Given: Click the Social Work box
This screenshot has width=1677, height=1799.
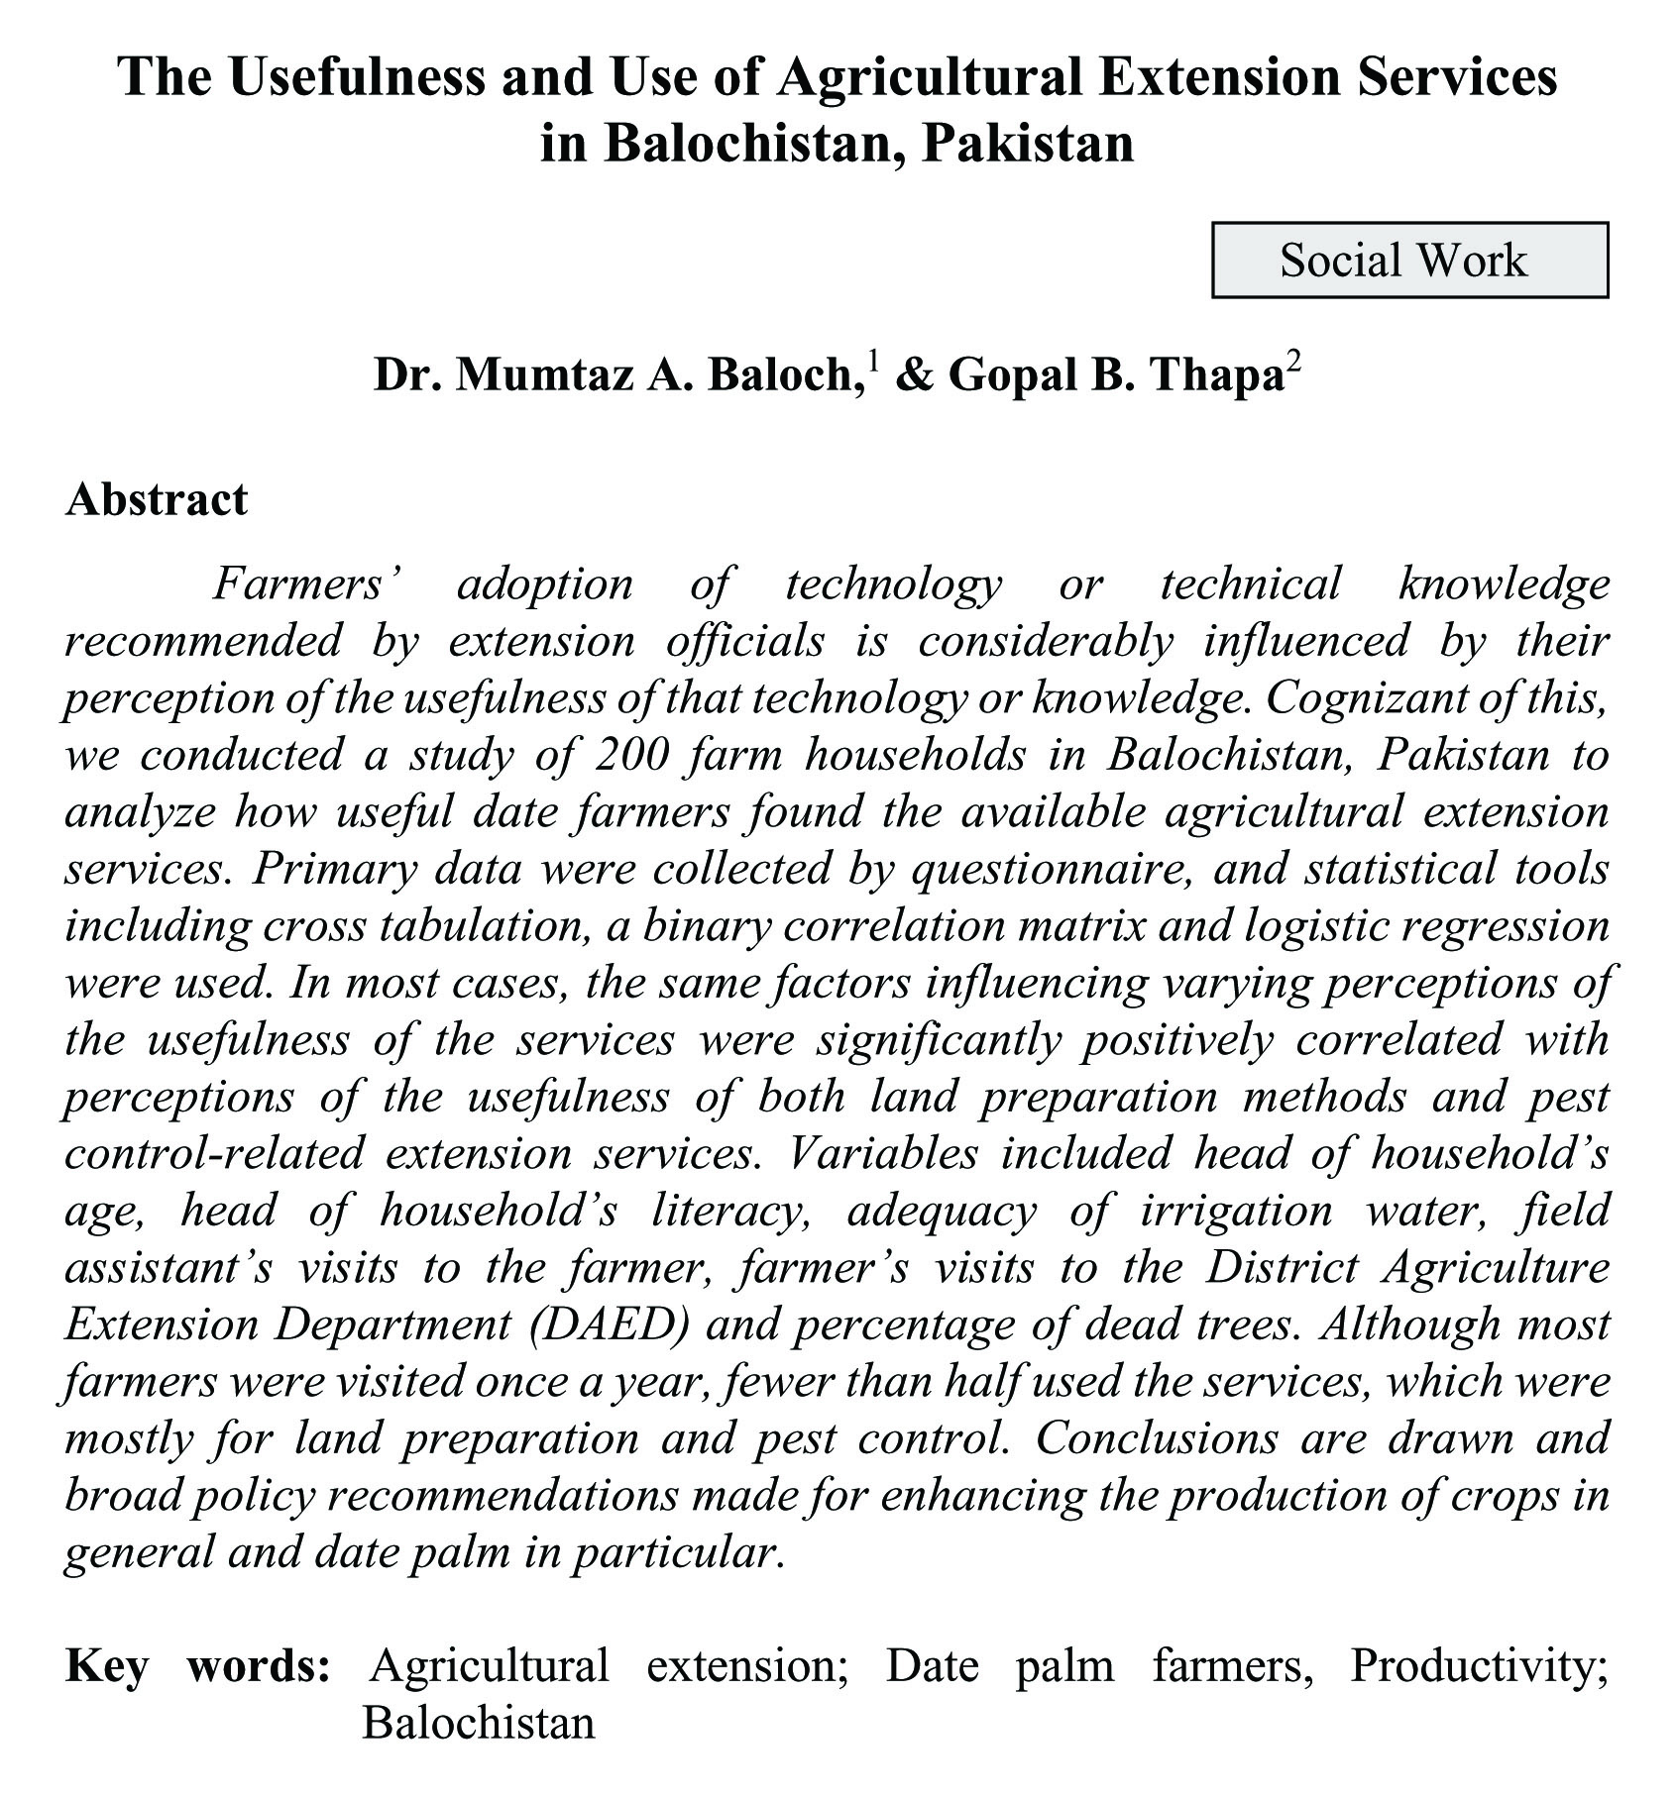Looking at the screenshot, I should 1409,260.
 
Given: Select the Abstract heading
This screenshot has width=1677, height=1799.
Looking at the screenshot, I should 157,499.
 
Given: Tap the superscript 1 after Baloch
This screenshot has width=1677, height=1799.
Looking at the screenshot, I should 872,361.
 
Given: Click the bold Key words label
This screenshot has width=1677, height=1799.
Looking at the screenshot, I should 197,1665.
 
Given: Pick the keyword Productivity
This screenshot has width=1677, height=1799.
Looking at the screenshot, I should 1478,1667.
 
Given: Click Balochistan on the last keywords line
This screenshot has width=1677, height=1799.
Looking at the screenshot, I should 478,1723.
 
